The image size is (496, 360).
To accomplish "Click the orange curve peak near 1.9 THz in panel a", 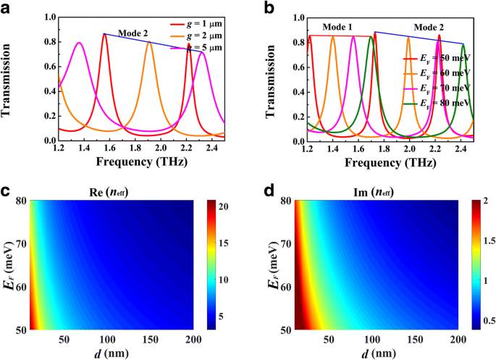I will [149, 43].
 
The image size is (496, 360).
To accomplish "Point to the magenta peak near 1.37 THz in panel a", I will [79, 43].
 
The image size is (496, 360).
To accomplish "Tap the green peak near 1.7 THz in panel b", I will [370, 38].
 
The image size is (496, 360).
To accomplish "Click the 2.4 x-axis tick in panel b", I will [461, 151].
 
